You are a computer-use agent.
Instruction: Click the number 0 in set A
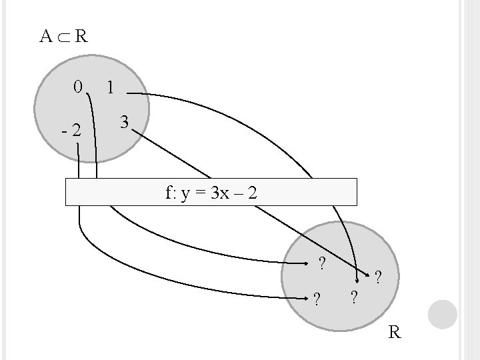coord(78,87)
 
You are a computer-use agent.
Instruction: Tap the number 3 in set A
coord(124,123)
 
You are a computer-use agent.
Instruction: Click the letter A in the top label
coord(45,36)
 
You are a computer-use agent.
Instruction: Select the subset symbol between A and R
coord(63,37)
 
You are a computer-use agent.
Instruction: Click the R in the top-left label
coord(80,36)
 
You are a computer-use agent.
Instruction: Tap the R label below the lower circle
coord(395,331)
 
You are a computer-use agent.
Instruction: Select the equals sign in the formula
coord(199,195)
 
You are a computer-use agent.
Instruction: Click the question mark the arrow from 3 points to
coord(379,276)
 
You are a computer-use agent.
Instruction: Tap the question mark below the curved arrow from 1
coord(354,296)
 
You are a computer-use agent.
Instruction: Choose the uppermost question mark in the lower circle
coord(322,263)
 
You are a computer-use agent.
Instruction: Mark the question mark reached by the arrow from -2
coord(317,297)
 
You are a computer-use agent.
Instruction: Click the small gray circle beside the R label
coord(443,315)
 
